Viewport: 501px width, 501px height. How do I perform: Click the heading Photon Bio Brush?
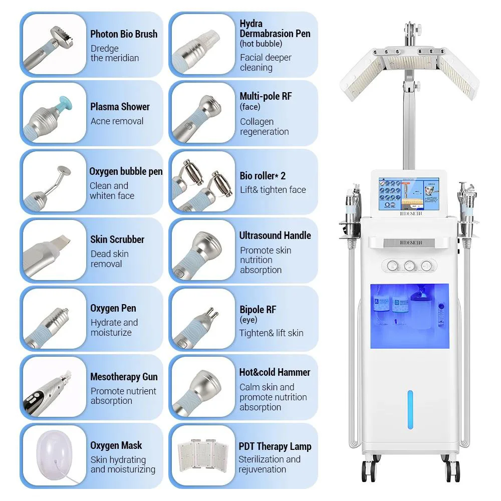124,34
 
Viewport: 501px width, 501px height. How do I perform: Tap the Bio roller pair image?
202,182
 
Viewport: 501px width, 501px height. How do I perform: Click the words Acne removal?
117,121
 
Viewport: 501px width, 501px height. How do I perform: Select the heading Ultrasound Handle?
275,235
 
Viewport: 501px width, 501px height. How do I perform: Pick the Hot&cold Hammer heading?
275,372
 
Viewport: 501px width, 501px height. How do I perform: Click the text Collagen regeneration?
264,127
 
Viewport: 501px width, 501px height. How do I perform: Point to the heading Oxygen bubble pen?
126,171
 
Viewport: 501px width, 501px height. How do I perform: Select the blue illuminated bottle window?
410,316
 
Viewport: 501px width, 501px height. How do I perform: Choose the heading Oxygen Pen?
113,308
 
